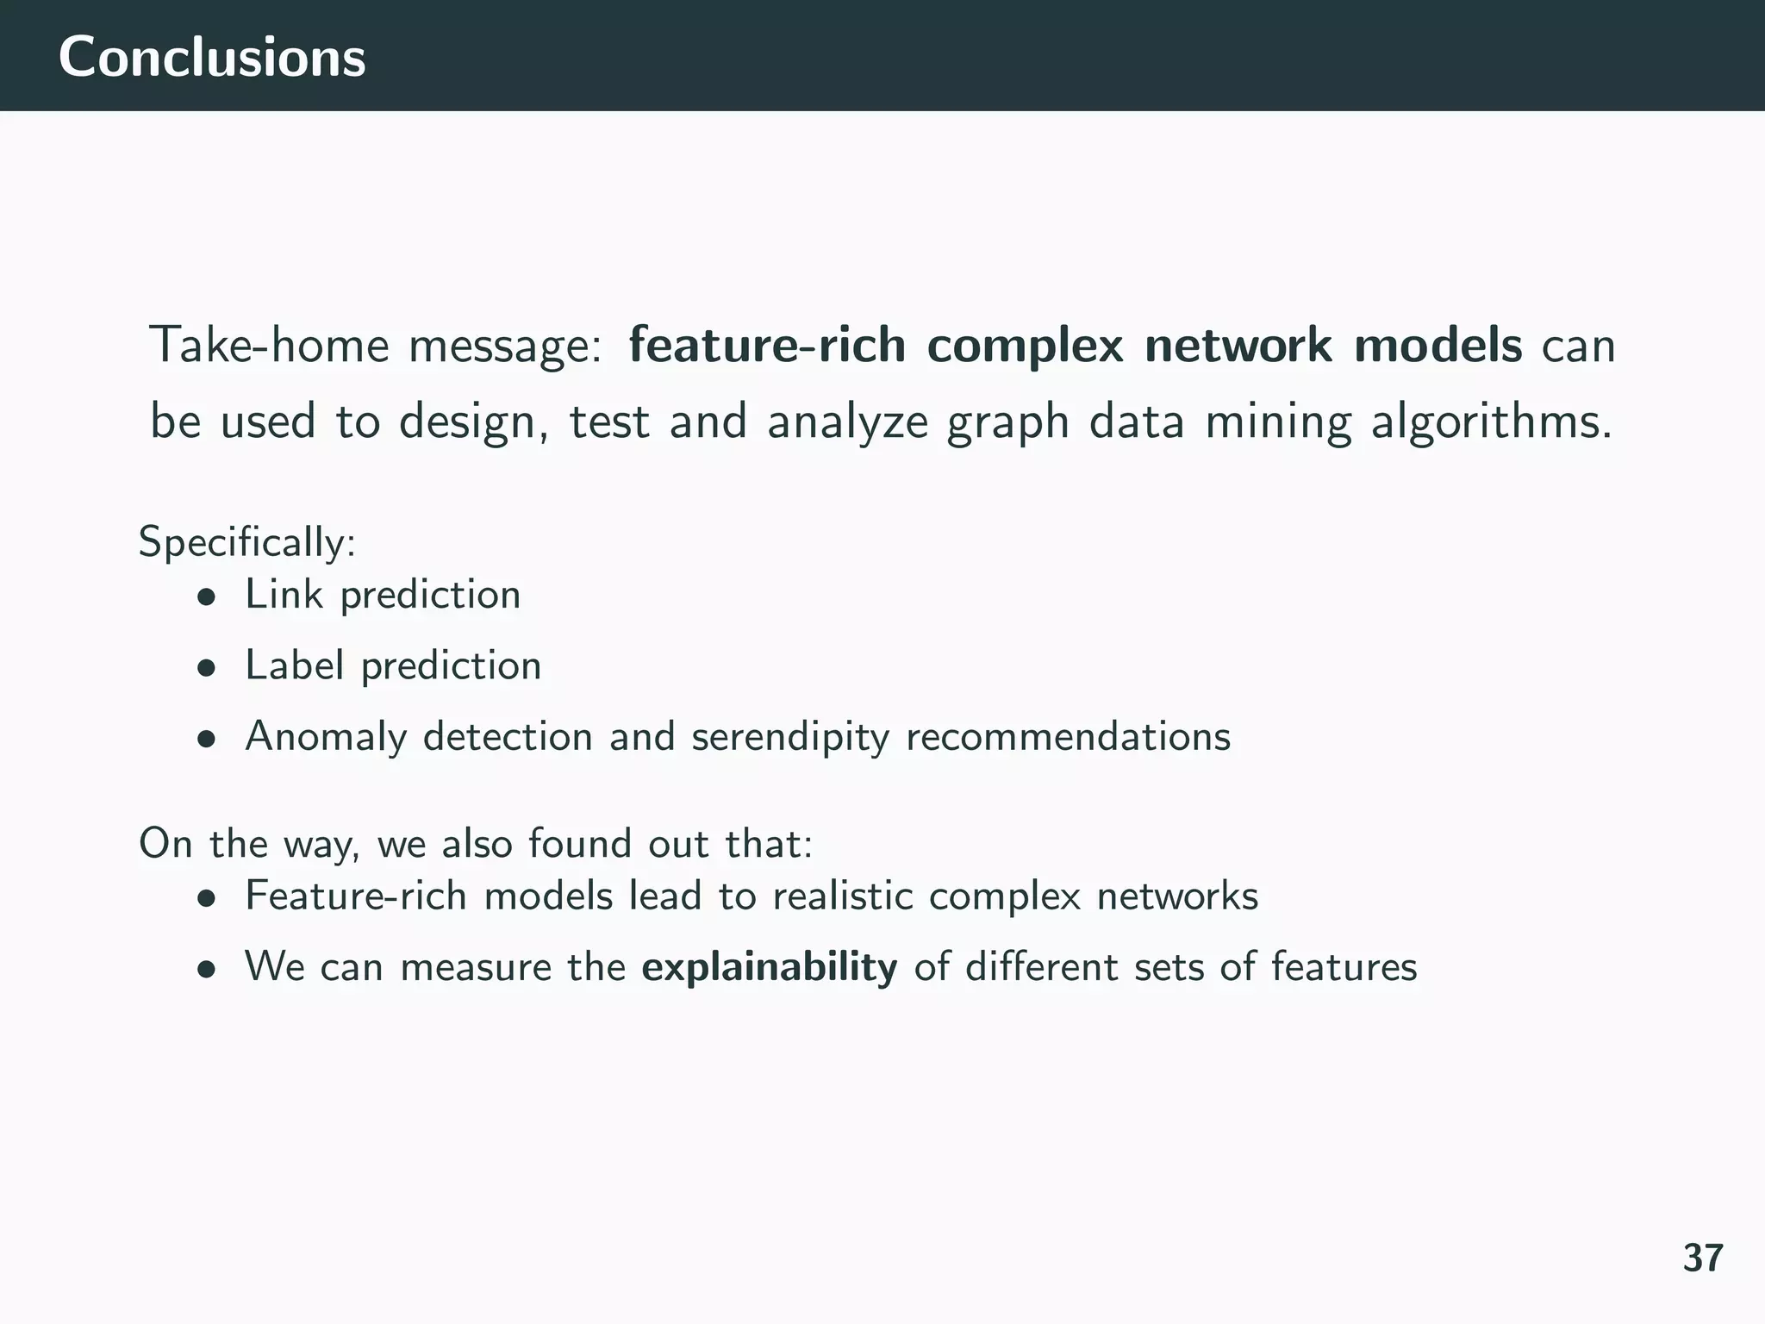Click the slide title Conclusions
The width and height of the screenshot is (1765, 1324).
click(212, 58)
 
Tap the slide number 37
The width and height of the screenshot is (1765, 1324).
click(1703, 1258)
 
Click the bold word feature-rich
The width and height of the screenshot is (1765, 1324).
click(767, 346)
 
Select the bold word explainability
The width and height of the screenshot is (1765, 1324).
click(769, 967)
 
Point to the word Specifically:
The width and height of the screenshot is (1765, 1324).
click(247, 543)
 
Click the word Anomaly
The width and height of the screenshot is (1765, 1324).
click(325, 738)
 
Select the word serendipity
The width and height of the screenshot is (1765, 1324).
click(789, 738)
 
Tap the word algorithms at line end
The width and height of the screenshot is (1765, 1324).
click(1490, 422)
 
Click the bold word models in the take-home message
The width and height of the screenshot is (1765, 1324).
click(1438, 346)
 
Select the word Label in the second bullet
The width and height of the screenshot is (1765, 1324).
click(294, 665)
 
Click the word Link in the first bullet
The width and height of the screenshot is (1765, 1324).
click(284, 595)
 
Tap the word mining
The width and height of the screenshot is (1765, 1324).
click(1277, 422)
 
